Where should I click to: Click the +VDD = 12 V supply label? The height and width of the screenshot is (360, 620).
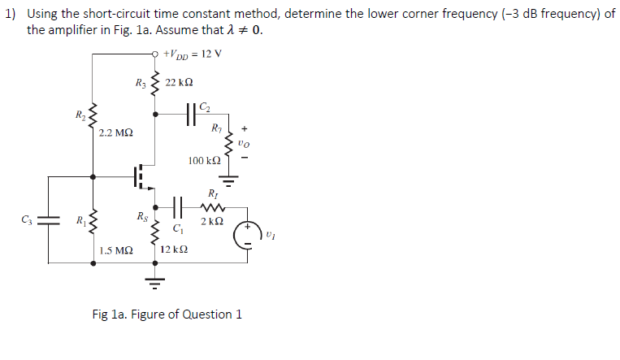[x=193, y=54]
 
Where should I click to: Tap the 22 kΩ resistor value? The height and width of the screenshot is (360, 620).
[x=179, y=83]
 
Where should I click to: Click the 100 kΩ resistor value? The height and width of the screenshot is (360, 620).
[x=202, y=161]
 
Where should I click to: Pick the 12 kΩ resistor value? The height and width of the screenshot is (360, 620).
[x=174, y=250]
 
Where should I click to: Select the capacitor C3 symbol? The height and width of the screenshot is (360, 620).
[x=50, y=219]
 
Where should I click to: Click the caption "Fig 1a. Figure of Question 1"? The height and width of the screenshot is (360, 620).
[x=167, y=314]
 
